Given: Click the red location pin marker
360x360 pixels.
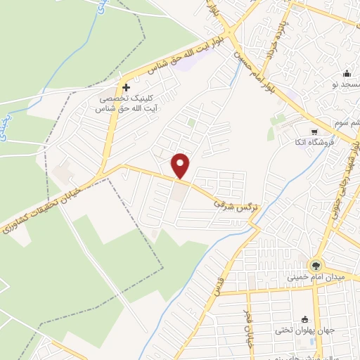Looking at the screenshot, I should click(x=181, y=166).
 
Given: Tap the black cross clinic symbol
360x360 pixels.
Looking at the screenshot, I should click(x=126, y=88).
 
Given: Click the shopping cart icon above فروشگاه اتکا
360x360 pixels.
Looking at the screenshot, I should click(x=314, y=131).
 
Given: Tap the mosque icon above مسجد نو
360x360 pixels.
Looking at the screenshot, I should click(x=347, y=74).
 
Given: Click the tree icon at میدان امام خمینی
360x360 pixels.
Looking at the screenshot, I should click(x=314, y=266).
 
